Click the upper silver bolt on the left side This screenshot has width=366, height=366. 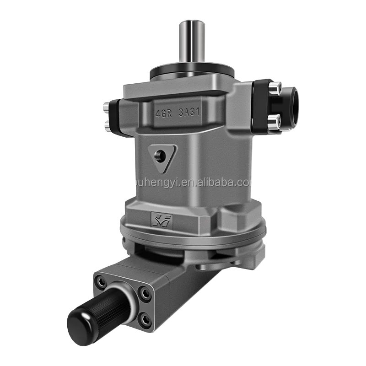[x=106, y=108]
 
